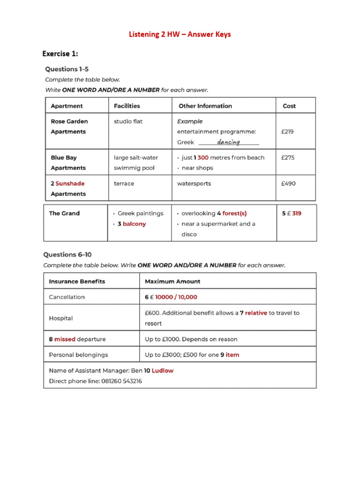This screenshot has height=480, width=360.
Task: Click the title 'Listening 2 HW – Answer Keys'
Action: pos(180,34)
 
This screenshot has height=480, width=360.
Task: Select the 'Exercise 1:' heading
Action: pos(60,53)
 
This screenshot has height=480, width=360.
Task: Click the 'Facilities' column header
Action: pos(127,106)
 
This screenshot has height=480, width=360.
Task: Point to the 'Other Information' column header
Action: pos(205,106)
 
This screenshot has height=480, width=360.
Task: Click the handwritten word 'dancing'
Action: pos(229,142)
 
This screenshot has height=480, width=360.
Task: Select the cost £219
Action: pos(287,132)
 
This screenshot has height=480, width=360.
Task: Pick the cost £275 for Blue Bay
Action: pos(288,157)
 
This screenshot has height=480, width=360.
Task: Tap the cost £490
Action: pos(288,184)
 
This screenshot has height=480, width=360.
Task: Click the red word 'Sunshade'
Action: pos(70,184)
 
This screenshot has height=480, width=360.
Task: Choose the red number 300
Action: pos(203,157)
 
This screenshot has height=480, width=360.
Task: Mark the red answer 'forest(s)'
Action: pos(234,213)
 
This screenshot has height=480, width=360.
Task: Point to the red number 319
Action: pos(297,213)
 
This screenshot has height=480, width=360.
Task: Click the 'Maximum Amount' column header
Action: pos(172,282)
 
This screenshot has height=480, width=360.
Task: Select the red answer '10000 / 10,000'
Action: pos(176,297)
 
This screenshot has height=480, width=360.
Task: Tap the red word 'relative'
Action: pos(256,313)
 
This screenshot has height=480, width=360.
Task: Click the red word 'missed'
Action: pos(65,339)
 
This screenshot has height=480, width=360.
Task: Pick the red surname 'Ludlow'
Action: pos(163,371)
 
